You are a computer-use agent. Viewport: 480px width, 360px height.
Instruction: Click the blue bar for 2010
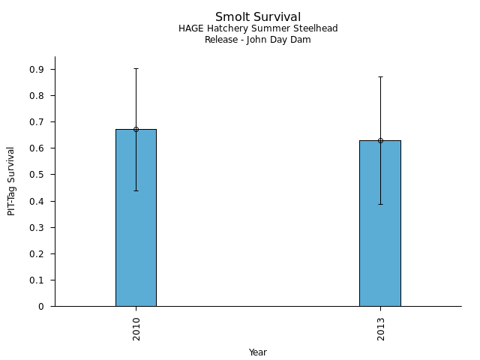coord(136,225)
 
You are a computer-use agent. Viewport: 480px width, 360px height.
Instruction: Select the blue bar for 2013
coord(380,232)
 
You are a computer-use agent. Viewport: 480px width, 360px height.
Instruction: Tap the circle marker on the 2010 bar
coord(136,129)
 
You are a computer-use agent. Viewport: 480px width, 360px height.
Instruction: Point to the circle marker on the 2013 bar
coord(380,140)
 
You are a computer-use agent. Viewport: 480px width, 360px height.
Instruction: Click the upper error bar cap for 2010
coord(136,68)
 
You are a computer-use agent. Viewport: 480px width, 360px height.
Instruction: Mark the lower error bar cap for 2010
coord(136,190)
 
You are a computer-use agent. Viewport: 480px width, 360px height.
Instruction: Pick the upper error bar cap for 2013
coord(380,76)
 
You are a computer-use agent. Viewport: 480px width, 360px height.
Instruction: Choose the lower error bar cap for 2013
coord(380,204)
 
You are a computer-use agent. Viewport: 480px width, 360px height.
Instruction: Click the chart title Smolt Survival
coord(258,17)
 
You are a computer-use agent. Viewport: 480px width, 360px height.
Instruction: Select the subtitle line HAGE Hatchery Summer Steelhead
coord(258,28)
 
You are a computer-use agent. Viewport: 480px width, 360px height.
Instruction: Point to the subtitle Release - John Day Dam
coord(258,40)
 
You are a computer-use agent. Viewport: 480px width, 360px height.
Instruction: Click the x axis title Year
coord(258,352)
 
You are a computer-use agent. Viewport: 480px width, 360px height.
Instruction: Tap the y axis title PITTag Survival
coord(11,181)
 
